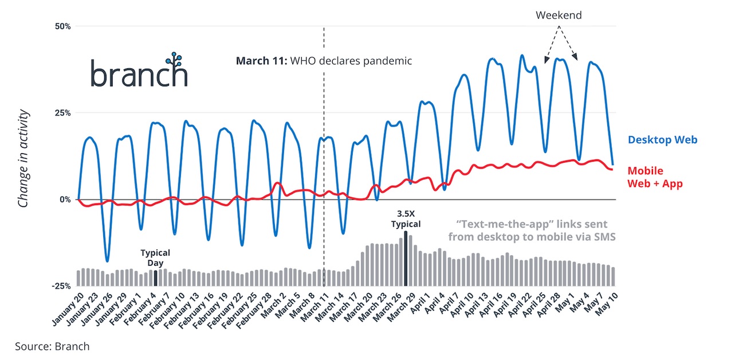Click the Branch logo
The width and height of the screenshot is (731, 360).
pos(139,71)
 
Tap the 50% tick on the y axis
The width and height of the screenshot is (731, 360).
pos(63,26)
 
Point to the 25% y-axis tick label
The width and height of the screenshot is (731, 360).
pos(63,113)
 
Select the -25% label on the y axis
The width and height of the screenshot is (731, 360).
pos(61,286)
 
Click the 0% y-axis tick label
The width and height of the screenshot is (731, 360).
pos(65,199)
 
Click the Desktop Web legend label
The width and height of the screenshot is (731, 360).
pos(662,139)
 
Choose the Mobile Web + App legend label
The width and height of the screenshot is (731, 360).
pos(655,177)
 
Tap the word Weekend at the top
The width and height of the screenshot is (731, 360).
pos(559,15)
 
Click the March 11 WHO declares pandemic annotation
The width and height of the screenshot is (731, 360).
pos(324,61)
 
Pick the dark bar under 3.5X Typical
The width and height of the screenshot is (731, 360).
pos(406,258)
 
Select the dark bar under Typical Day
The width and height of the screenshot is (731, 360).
pos(155,278)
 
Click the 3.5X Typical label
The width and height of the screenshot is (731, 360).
pos(406,219)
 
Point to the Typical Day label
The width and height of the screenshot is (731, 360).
pos(155,257)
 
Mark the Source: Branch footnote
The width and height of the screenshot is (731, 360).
pos(52,346)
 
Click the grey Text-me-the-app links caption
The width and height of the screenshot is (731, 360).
pos(532,230)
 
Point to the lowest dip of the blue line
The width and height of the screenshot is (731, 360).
pos(107,261)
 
